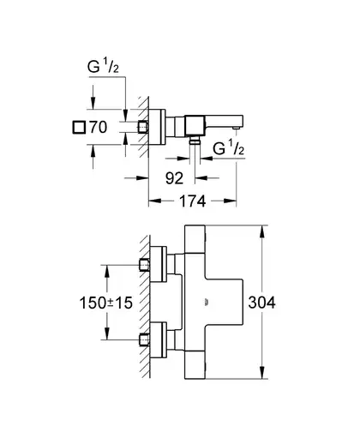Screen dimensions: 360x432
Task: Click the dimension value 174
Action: tap(192, 201)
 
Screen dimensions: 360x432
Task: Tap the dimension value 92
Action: tap(174, 178)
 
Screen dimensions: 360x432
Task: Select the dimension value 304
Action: tap(261, 303)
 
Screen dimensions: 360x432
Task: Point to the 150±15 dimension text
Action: tap(106, 303)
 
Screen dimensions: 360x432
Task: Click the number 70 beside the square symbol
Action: tap(99, 127)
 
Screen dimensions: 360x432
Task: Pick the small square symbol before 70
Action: tap(79, 127)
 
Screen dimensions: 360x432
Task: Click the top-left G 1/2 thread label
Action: tap(103, 67)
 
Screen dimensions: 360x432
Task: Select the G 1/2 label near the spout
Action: tap(229, 148)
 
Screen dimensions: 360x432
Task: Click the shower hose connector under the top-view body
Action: tap(195, 140)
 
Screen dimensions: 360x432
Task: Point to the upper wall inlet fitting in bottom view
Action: tap(144, 265)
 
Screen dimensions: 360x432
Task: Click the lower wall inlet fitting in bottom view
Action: tap(144, 339)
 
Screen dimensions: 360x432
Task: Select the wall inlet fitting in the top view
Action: tap(143, 127)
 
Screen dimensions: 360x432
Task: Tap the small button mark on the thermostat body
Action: tap(207, 303)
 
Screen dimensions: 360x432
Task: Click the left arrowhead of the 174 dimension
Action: tap(155, 201)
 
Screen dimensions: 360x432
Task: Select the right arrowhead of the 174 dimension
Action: tap(230, 201)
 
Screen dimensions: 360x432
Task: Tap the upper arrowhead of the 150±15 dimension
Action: tap(107, 272)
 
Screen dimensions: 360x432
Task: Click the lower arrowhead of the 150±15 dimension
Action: tap(107, 333)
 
